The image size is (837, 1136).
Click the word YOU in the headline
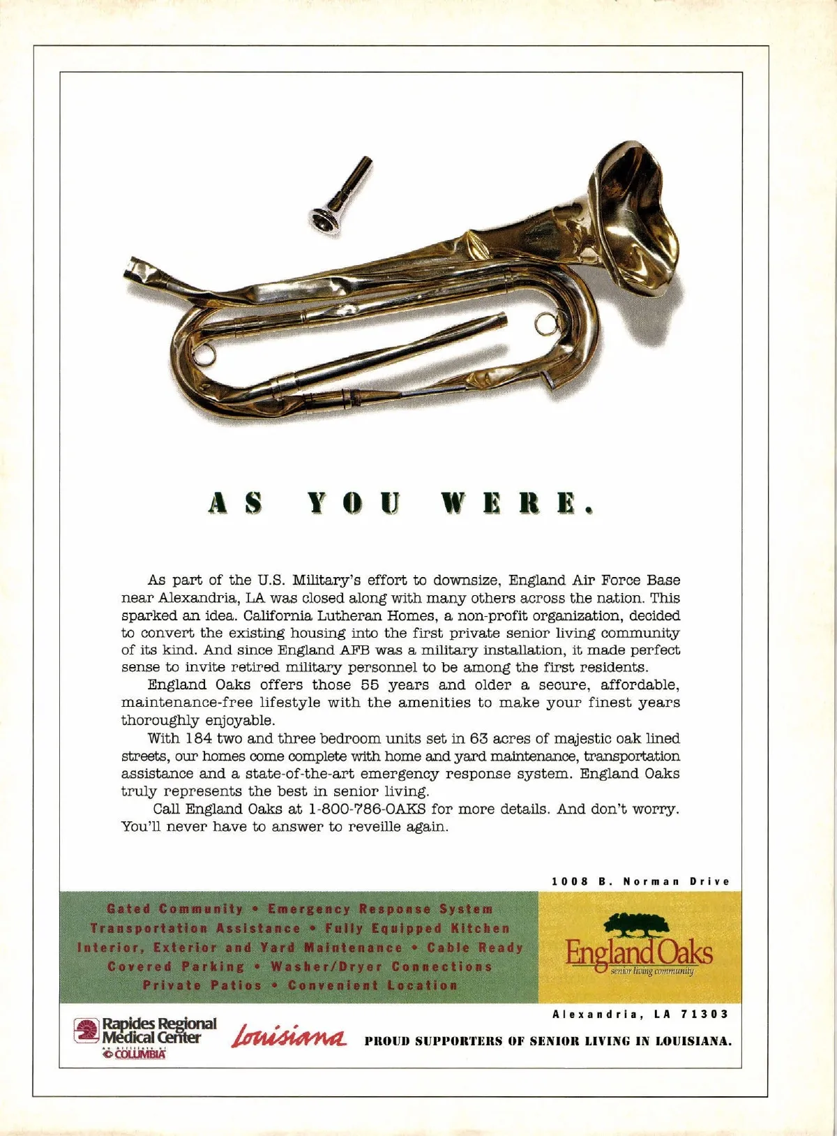[354, 504]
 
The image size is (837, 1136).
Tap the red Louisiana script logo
[288, 1036]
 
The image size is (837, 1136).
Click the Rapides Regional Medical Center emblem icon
[87, 1031]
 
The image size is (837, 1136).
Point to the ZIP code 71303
[706, 1014]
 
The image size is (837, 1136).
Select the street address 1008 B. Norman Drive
[640, 881]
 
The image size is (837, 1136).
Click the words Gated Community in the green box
[175, 909]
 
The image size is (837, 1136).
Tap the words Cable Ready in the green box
[475, 948]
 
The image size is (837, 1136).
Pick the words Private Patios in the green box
[202, 985]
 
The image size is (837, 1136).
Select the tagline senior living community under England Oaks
[651, 971]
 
